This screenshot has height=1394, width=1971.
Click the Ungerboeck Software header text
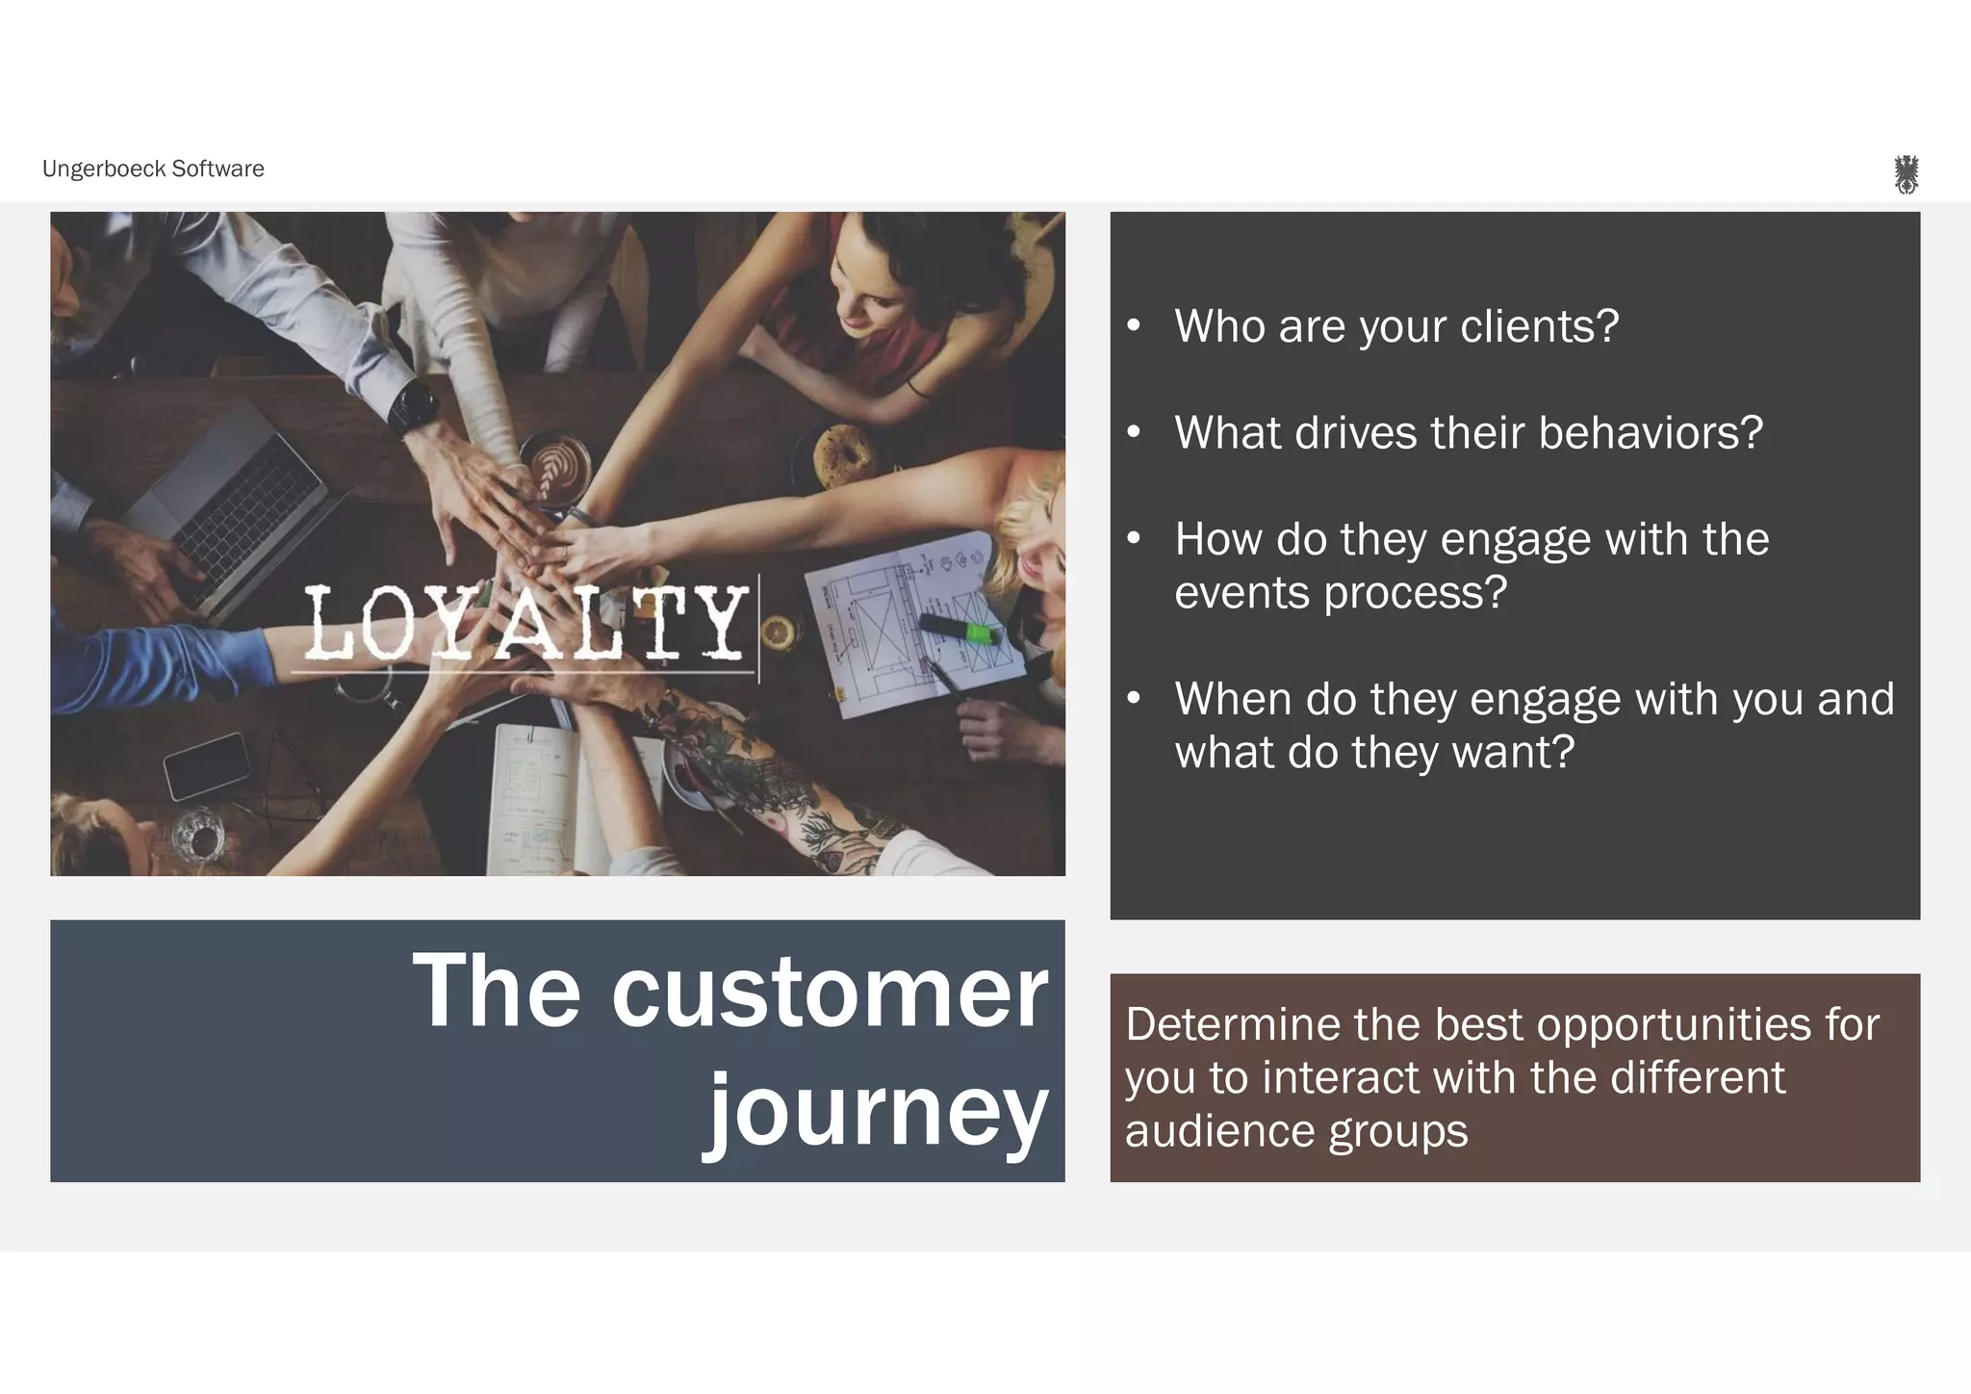coord(153,169)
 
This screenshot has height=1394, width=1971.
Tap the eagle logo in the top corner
coord(1906,174)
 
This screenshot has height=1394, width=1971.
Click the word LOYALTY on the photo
coord(525,623)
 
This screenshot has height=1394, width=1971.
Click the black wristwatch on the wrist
coord(411,404)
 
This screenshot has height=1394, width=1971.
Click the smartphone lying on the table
coord(206,765)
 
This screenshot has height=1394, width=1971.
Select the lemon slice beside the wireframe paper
coord(777,632)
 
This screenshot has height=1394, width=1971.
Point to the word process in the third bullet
coord(1415,592)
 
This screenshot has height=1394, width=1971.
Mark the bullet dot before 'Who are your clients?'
coord(1134,326)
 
